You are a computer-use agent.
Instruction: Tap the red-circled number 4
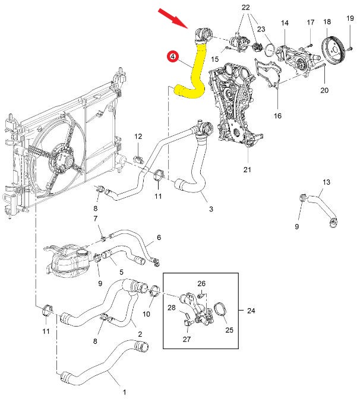click(172, 57)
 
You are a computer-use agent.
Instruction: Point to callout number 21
click(247, 170)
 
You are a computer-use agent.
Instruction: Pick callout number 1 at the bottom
click(124, 392)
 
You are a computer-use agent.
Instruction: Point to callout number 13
click(326, 182)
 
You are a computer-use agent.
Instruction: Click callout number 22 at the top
click(246, 7)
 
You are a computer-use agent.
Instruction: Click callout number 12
click(138, 137)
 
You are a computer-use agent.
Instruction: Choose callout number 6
click(159, 237)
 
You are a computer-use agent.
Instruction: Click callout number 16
click(277, 116)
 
